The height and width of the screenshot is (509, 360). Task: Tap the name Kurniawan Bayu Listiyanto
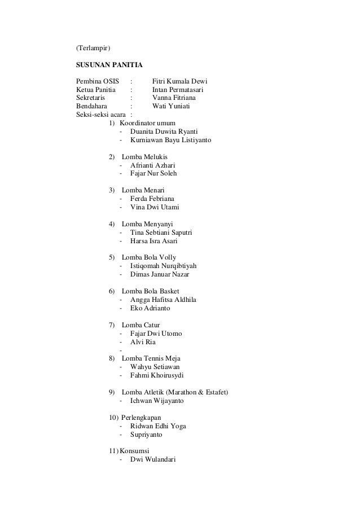pos(170,139)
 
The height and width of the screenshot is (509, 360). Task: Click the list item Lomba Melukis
pos(144,156)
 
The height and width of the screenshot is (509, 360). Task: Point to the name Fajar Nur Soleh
pos(153,173)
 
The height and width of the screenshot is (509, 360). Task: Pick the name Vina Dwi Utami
pos(155,207)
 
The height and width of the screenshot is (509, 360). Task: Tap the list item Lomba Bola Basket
pos(151,291)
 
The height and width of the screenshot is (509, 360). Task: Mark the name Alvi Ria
pos(143,342)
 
